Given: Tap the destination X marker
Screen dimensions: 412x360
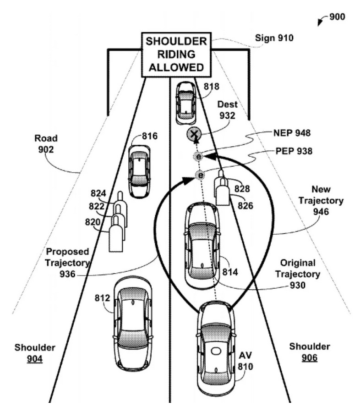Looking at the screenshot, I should tap(194, 135).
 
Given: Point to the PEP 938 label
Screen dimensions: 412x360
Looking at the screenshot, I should tap(291, 151).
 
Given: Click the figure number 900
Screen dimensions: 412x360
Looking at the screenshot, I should tap(337, 17).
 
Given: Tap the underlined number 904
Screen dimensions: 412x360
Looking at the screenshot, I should tap(34, 359).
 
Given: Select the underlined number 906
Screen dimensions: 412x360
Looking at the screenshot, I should tap(309, 358).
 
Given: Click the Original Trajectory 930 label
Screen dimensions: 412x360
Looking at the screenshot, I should tap(298, 274).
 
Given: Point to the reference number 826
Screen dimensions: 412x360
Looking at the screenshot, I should tap(245, 206).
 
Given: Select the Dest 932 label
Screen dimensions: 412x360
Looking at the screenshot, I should tap(227, 110).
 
